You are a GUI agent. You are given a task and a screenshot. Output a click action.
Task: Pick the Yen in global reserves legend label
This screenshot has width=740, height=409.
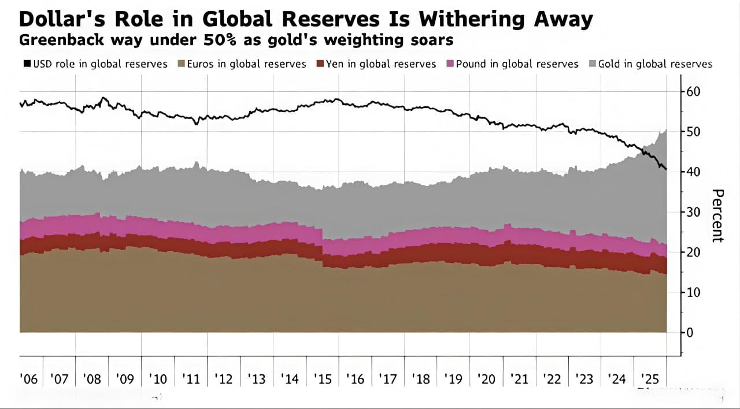(x=381, y=64)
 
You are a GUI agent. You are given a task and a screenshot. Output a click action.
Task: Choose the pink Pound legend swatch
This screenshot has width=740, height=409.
(x=450, y=64)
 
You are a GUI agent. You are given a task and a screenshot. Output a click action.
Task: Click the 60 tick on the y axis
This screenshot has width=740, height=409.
(x=693, y=91)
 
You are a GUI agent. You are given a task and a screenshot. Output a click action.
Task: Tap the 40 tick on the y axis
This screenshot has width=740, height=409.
(x=693, y=172)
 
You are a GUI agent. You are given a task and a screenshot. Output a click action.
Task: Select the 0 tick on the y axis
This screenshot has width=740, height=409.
(x=690, y=332)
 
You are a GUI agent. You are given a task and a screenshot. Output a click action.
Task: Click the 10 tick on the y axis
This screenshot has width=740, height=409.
(x=693, y=292)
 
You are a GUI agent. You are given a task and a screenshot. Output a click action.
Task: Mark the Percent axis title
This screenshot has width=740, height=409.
(x=717, y=215)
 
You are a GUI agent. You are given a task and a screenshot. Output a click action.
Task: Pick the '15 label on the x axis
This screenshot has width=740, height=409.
(x=322, y=379)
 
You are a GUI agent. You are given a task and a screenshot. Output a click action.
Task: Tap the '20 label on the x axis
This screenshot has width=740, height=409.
(x=486, y=379)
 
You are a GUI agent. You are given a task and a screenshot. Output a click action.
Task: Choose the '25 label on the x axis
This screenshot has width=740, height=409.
(x=650, y=379)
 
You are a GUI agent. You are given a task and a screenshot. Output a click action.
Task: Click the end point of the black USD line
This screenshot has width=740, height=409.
(x=667, y=169)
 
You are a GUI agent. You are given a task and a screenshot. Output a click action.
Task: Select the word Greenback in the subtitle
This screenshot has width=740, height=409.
(x=54, y=40)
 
